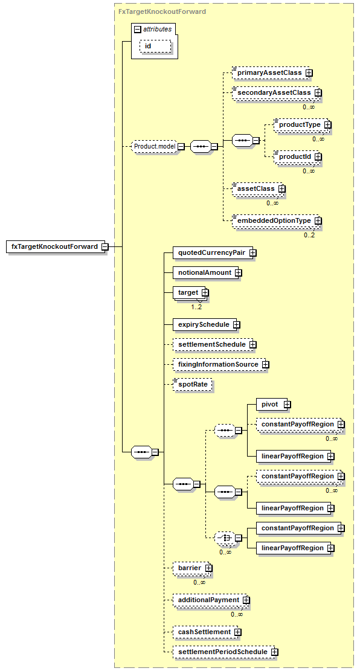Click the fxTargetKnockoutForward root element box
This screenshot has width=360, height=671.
pos(55,247)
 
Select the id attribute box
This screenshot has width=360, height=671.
pos(155,47)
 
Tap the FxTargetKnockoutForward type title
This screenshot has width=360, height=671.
pos(162,11)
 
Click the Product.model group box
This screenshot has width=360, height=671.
pos(155,146)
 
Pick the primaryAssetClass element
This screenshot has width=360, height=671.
pos(269,72)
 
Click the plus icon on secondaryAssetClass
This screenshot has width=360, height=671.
pos(318,92)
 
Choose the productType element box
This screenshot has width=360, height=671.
pos(300,124)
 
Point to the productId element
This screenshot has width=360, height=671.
pos(295,156)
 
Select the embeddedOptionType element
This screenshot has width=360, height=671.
pos(274,221)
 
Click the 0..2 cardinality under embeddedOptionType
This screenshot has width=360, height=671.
pos(309,235)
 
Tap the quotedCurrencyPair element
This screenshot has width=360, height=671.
pos(212,253)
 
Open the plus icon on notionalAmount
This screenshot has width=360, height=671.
pos(239,272)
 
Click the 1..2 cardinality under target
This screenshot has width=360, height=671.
pos(196,307)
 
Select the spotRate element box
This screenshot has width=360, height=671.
pos(193,384)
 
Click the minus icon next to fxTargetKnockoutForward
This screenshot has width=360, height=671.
pos(105,247)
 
